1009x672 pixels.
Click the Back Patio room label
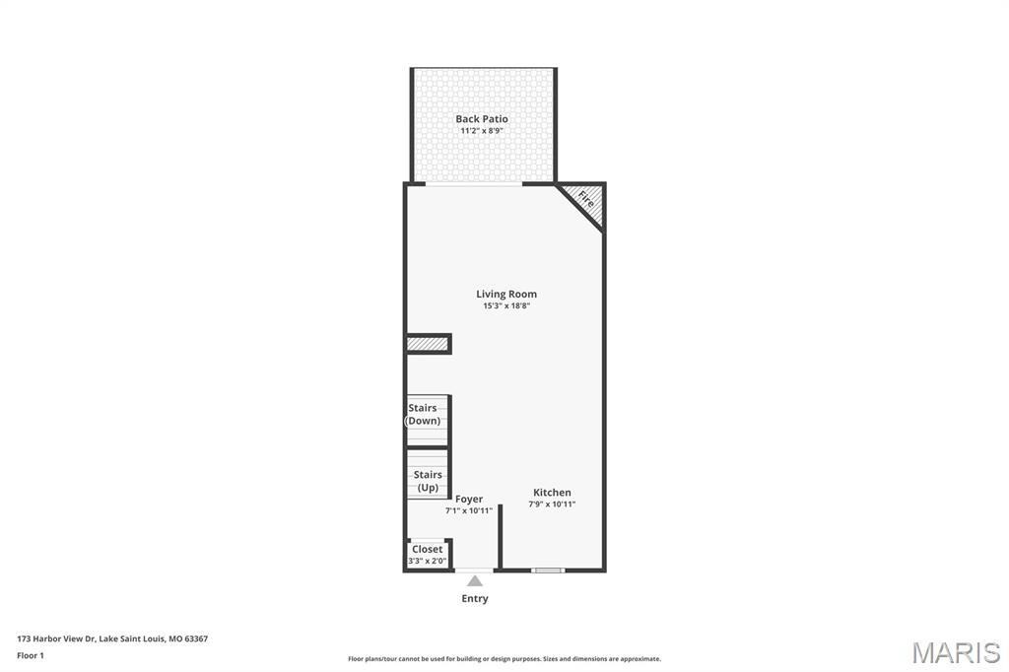[x=481, y=118]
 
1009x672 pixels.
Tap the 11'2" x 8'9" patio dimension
[x=481, y=131]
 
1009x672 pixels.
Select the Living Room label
[x=506, y=295]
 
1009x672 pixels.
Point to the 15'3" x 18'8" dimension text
[x=506, y=305]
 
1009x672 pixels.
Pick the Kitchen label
[x=552, y=493]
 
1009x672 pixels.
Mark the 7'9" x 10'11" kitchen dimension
[x=552, y=504]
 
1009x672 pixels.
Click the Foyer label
[x=468, y=499]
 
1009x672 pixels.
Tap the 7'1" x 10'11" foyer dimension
[x=468, y=510]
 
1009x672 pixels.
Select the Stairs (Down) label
[x=423, y=414]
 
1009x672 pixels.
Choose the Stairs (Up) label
[x=428, y=481]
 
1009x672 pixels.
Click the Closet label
[x=428, y=549]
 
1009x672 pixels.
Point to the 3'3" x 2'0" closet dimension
[x=428, y=561]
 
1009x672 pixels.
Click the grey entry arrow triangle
[x=475, y=581]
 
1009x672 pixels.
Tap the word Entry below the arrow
[x=475, y=599]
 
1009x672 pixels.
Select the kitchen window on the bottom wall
[x=548, y=570]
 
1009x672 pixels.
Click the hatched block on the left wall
[x=428, y=344]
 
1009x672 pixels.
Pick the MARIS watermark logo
[x=955, y=652]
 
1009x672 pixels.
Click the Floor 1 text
[x=31, y=656]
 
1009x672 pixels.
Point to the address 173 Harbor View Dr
[x=56, y=639]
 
